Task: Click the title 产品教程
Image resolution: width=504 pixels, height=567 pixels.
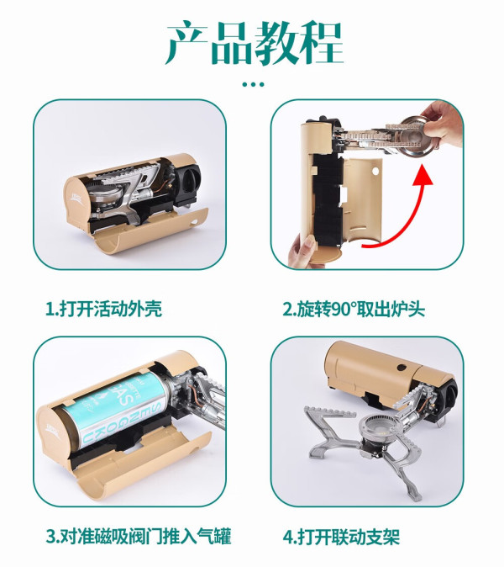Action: [255, 43]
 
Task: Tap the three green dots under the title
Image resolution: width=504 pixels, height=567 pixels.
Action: [253, 85]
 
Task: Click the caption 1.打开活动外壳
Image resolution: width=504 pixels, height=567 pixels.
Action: [103, 309]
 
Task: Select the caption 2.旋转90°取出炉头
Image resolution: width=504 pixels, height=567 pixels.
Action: [354, 309]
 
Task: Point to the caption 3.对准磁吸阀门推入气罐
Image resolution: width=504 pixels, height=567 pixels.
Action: [139, 536]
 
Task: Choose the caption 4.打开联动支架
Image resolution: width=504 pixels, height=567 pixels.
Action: [341, 537]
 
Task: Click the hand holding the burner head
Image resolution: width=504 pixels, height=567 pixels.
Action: [443, 123]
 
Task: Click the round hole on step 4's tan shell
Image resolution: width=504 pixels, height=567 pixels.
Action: [402, 368]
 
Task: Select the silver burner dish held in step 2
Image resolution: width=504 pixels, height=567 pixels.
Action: [415, 135]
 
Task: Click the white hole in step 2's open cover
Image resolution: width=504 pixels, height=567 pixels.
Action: [375, 170]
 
